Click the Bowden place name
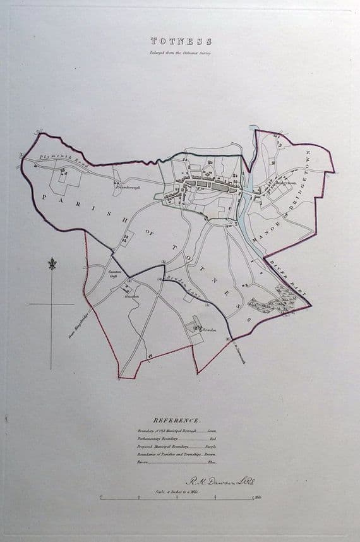click(210, 330)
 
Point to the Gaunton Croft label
click(114, 273)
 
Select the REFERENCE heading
click(177, 420)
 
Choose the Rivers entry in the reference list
click(143, 461)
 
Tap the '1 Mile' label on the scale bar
click(256, 499)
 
